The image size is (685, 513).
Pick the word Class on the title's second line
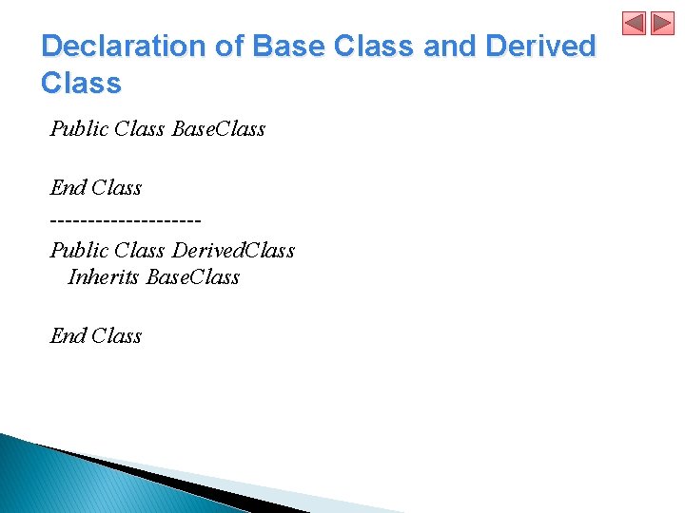tap(82, 84)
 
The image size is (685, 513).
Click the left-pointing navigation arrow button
tap(635, 23)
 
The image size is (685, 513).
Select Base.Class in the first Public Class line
tap(219, 128)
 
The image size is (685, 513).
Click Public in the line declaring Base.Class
tap(79, 128)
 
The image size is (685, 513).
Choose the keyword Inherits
tap(104, 277)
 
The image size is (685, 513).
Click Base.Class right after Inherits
tap(193, 277)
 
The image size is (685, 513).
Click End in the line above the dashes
tap(68, 188)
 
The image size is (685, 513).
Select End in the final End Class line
tap(68, 336)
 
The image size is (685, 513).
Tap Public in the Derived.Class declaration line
tap(79, 251)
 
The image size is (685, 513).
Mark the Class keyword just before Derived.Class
tap(139, 251)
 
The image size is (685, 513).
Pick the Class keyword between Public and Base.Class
tap(139, 128)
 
